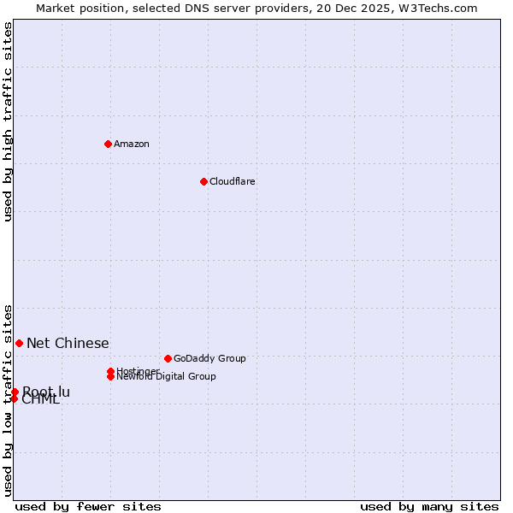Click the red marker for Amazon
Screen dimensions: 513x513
pos(108,144)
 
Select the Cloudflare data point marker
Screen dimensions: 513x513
pos(203,181)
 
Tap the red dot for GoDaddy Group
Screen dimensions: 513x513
pos(168,358)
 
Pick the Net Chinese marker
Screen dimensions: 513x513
pos(19,343)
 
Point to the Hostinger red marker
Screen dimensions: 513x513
pos(110,371)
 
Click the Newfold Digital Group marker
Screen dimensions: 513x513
pos(110,376)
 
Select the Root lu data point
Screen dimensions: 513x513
pos(15,392)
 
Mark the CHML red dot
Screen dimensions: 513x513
pos(14,398)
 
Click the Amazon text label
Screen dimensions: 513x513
pos(132,144)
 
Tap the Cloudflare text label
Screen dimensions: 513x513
pos(232,181)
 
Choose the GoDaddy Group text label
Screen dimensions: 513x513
pos(209,358)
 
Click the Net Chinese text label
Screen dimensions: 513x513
pos(68,343)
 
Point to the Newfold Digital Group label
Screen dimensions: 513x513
pos(166,377)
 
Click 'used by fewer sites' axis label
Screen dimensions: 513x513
pos(88,506)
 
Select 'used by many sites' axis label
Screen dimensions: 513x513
pos(429,506)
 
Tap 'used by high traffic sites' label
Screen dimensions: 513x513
pos(8,121)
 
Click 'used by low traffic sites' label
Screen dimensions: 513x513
pos(8,399)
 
